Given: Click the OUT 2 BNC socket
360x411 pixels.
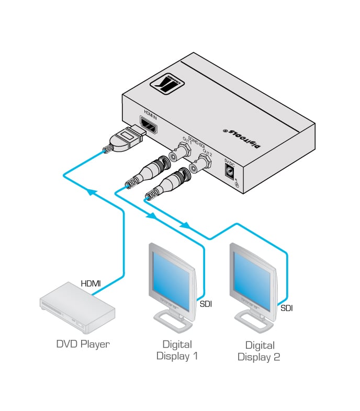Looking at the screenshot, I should tap(200, 165).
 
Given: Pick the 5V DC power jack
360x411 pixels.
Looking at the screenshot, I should tap(229, 170).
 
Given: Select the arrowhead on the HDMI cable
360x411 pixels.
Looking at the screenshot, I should tap(93, 192).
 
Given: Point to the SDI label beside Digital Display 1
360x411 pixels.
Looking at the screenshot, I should tap(206, 303).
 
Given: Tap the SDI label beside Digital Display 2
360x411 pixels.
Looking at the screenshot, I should tap(286, 308).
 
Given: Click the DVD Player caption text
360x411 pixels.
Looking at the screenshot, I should tap(83, 344).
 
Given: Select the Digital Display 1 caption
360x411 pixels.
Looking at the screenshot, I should tap(177, 350).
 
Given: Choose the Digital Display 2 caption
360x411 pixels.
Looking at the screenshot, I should tap(259, 351).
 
